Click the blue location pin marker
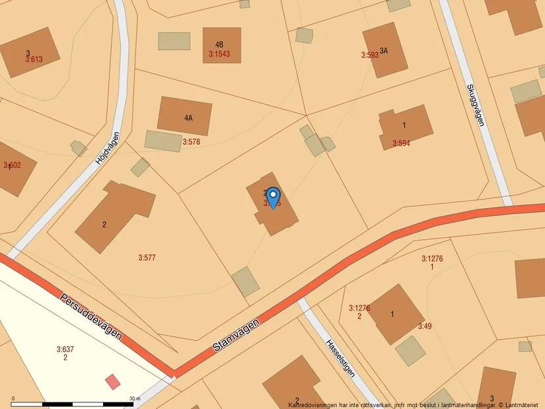273,197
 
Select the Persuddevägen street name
91,316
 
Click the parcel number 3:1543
219,54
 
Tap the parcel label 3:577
147,257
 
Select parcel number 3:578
191,141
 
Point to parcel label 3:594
401,143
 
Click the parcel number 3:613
34,59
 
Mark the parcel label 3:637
65,349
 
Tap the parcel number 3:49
424,326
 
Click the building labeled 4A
188,118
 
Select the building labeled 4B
219,45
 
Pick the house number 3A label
383,50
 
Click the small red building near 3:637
113,381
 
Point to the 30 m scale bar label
134,398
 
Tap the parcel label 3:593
370,56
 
